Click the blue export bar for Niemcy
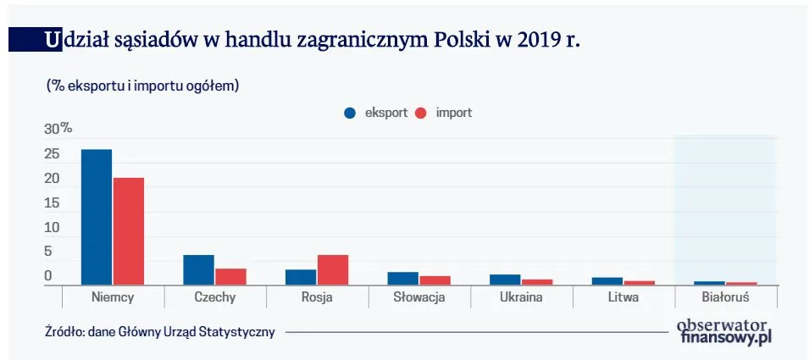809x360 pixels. (97, 217)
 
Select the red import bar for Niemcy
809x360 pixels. (129, 231)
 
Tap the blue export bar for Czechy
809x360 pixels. (198, 269)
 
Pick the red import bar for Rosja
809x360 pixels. (332, 269)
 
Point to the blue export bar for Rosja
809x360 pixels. (301, 277)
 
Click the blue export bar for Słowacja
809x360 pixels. (403, 278)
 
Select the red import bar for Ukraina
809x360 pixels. (537, 281)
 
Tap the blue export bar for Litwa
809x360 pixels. (607, 280)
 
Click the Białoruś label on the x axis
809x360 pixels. (726, 298)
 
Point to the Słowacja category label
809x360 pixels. (419, 298)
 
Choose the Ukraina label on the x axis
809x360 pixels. (521, 298)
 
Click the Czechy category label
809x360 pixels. (214, 298)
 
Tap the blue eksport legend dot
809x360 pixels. (349, 114)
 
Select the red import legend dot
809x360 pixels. (421, 114)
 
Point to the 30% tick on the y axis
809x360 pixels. (58, 129)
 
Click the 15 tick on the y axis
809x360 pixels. (52, 203)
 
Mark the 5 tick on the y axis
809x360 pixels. (48, 252)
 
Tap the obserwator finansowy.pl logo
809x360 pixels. (724, 331)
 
